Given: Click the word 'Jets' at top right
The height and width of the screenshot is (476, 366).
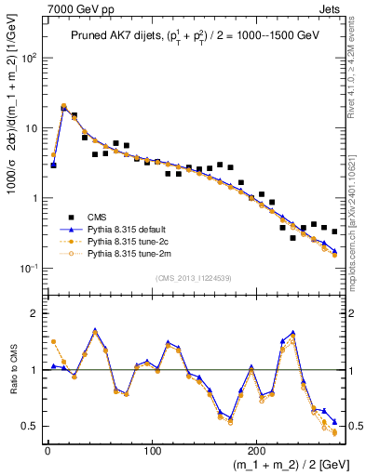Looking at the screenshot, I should (x=332, y=8).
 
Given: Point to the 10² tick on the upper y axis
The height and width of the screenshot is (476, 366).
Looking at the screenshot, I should (x=30, y=58).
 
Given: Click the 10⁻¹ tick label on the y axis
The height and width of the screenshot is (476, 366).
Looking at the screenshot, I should (x=29, y=269).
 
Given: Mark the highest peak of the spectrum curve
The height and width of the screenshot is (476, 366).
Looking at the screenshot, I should (x=64, y=107).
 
